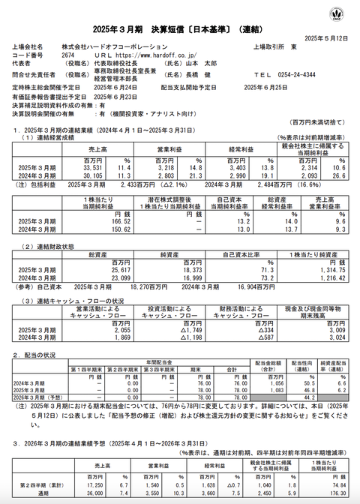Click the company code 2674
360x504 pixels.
67,55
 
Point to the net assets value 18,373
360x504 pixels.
172,269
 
